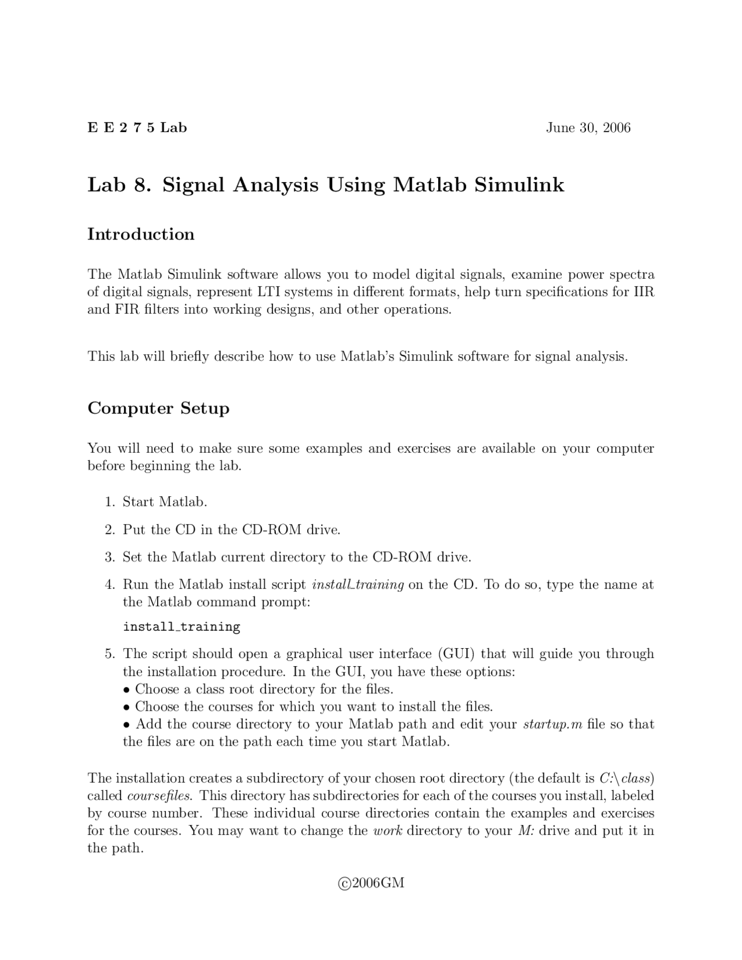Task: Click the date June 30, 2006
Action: [x=588, y=128]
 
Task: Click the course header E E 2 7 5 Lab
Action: [x=137, y=128]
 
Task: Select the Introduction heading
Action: [x=141, y=234]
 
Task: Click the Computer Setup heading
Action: [x=158, y=408]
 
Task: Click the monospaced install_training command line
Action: [x=181, y=627]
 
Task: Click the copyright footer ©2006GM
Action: [x=371, y=883]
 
